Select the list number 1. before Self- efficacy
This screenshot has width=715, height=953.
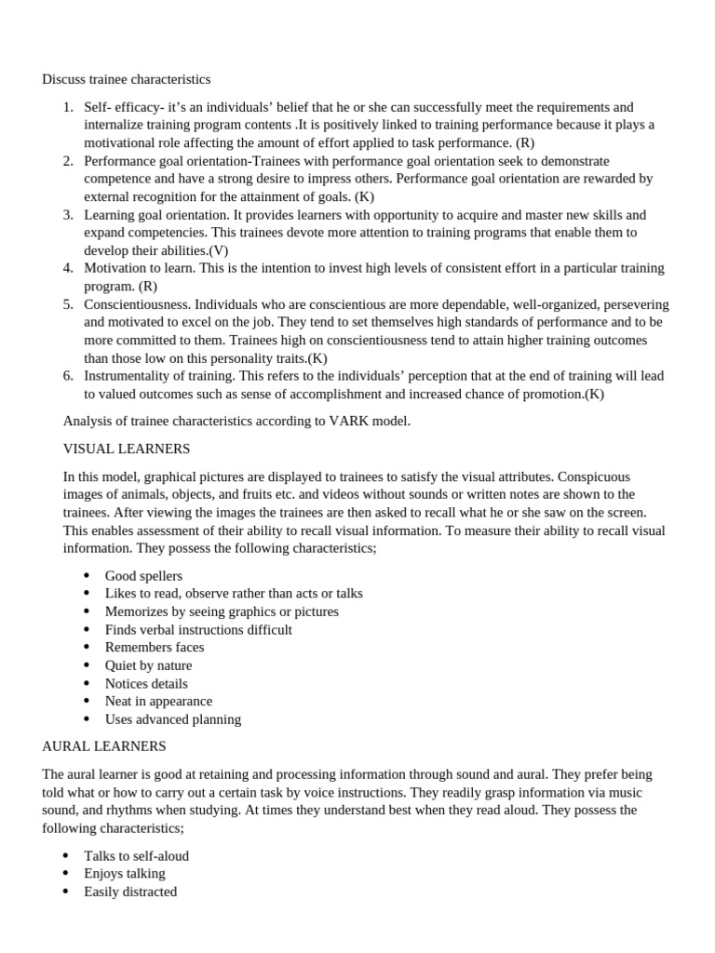point(68,107)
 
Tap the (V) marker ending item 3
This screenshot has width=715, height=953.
point(218,250)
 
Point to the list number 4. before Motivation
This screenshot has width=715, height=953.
point(68,268)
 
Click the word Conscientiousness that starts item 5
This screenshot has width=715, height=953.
point(136,304)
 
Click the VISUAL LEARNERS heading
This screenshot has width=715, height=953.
point(126,449)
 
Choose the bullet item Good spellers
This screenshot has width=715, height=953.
point(143,575)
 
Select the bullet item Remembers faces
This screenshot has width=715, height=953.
point(155,647)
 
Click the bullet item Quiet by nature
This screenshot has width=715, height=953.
point(148,665)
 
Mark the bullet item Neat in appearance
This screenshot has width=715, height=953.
point(158,701)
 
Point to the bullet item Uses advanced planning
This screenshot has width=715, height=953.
point(172,718)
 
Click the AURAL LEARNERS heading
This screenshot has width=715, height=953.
point(104,746)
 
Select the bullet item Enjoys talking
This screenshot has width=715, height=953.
point(125,873)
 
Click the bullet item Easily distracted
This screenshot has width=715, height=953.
point(130,891)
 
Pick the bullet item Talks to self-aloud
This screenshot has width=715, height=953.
point(136,855)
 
